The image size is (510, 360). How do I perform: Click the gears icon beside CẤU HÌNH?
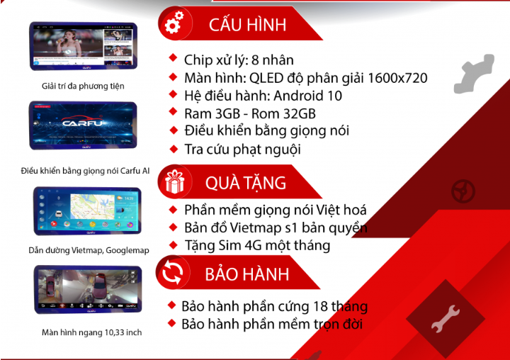(x=174, y=23)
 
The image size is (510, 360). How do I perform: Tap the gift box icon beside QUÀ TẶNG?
(x=175, y=181)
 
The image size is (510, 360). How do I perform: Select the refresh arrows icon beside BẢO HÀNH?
(x=173, y=272)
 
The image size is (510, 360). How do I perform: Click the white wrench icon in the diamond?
(x=446, y=318)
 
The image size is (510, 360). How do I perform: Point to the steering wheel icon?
(x=463, y=191)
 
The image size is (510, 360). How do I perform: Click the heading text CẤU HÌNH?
(x=247, y=24)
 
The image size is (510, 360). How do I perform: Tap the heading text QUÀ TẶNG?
(x=246, y=183)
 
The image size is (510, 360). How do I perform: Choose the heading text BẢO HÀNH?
(x=247, y=274)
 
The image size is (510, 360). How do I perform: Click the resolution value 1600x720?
(x=397, y=78)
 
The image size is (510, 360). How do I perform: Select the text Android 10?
(x=307, y=96)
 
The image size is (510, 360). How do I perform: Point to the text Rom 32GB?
(x=283, y=113)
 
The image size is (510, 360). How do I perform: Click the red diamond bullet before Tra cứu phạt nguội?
(x=174, y=149)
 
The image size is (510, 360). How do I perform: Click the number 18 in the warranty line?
(x=320, y=307)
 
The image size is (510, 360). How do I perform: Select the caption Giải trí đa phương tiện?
(x=83, y=86)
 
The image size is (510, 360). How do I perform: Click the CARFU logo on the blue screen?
(x=82, y=123)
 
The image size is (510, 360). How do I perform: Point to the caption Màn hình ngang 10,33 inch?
(x=91, y=332)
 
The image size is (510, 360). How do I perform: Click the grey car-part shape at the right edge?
(x=474, y=74)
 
